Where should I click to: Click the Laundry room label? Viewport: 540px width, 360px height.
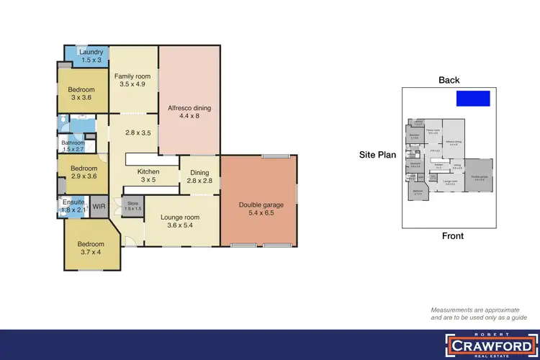tap(91, 52)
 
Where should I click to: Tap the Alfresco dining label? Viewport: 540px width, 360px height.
tap(189, 108)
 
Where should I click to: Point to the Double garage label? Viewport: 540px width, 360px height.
tap(261, 204)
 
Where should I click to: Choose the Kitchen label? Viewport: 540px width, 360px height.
tap(148, 171)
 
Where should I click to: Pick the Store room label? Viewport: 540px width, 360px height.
tap(132, 204)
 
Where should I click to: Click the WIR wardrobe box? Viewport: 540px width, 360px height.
tap(99, 207)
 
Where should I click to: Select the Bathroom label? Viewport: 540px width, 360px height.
tap(73, 143)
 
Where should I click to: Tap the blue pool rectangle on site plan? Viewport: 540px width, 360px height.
tap(474, 98)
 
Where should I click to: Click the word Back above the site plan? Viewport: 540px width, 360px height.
tap(449, 80)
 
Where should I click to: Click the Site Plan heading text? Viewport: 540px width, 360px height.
tap(378, 155)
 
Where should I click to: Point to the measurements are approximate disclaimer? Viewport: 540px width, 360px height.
tap(477, 313)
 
